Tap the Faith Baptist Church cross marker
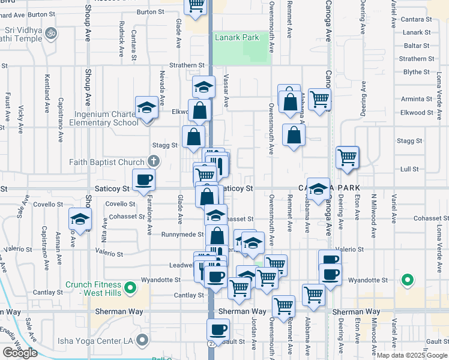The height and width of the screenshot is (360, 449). click(154, 161)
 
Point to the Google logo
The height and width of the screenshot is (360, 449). click(20, 353)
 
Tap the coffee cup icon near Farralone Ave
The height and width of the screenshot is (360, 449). click(144, 179)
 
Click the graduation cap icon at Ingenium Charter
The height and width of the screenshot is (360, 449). click(146, 108)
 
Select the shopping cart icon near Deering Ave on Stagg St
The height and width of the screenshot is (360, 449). click(348, 157)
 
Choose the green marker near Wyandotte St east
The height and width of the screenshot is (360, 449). click(408, 280)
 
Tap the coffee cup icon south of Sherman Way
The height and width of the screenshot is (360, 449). click(218, 329)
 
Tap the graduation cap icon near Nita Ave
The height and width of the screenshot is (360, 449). click(80, 219)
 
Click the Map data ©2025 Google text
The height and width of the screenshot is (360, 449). click(412, 355)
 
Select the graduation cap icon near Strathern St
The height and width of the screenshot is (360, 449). click(203, 87)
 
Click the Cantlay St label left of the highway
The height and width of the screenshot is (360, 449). click(188, 295)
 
